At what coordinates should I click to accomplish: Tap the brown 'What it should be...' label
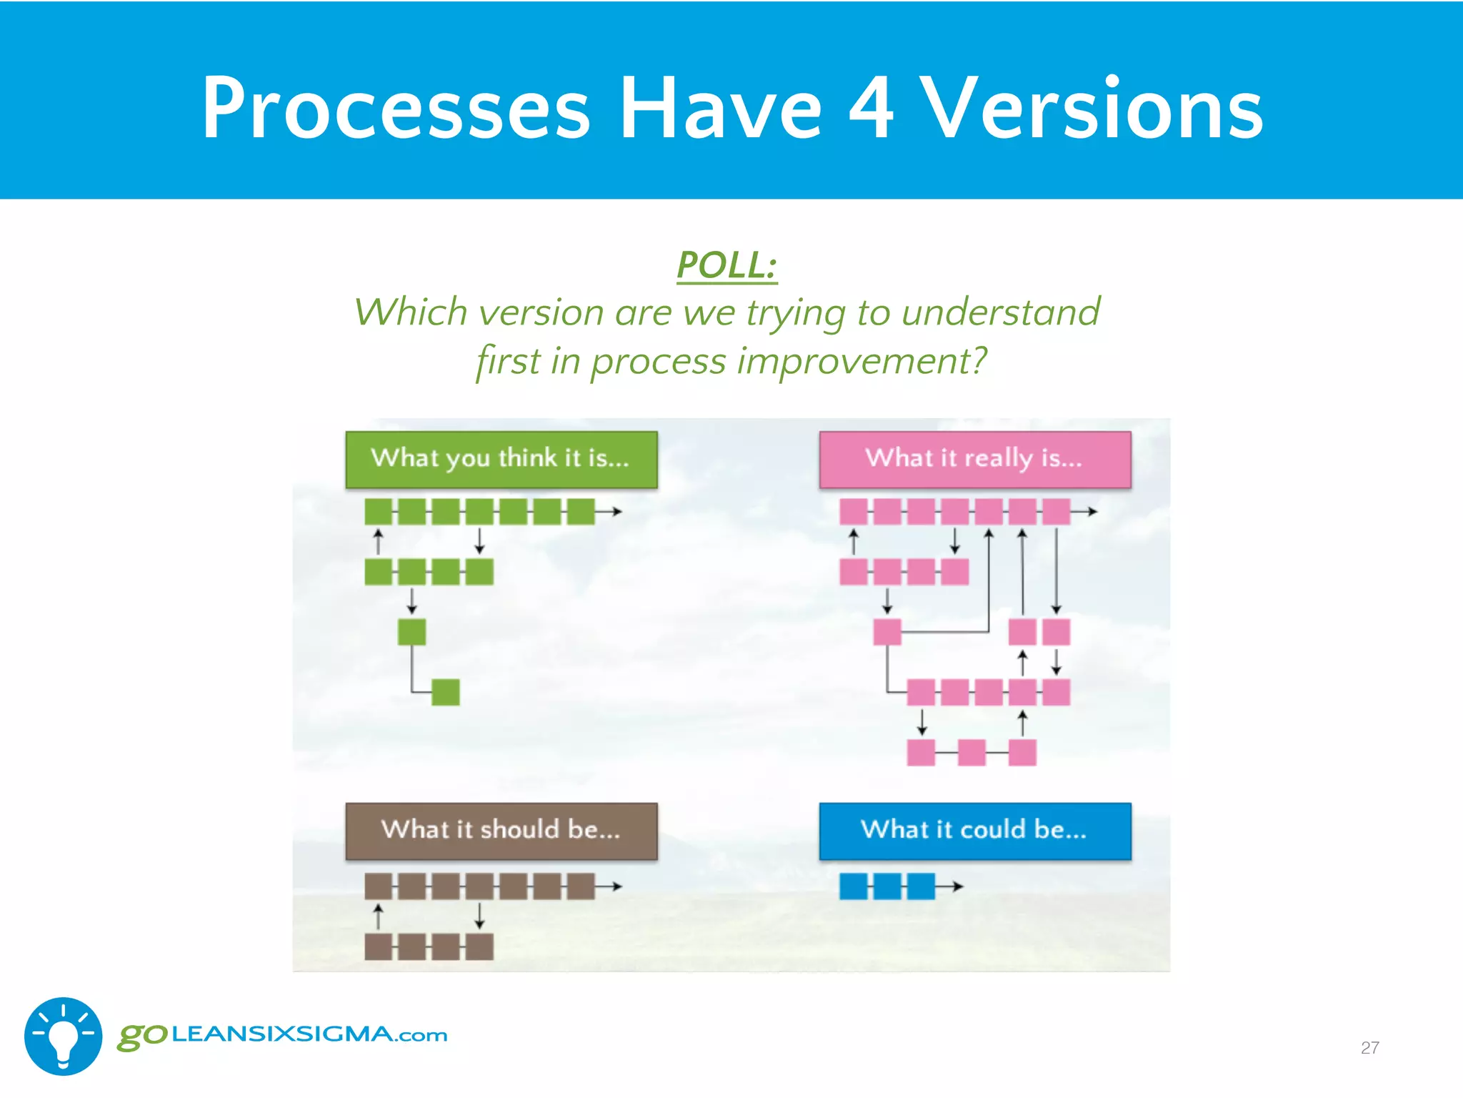pos(501,831)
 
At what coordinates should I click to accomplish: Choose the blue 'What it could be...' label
pos(974,831)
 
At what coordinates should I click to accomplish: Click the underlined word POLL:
pos(726,266)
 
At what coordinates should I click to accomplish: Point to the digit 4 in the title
pos(871,109)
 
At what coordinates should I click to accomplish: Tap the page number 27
pos(1369,1048)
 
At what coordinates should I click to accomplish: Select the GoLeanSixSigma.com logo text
pos(283,1035)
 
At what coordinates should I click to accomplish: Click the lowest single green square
pos(446,692)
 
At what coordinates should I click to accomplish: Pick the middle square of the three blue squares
pos(887,886)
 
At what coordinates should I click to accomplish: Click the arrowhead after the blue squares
pos(959,886)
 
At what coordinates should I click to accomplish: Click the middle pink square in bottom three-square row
pos(972,753)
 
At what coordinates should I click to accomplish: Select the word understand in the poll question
pos(1000,312)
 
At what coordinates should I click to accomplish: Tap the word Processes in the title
pos(396,109)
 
